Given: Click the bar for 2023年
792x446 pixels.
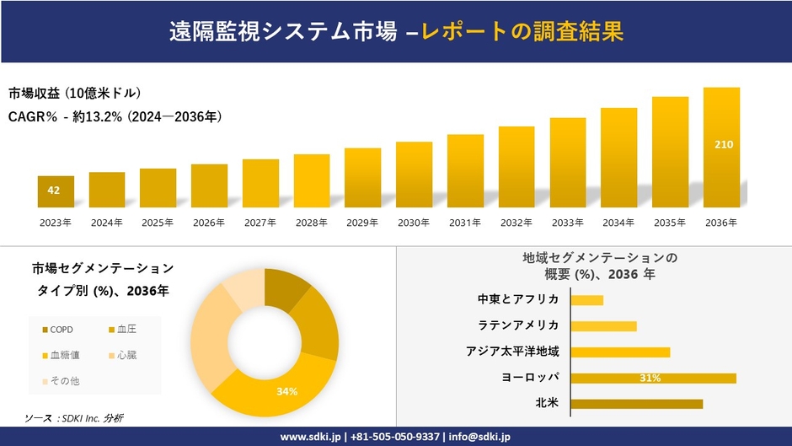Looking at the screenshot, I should [56, 191].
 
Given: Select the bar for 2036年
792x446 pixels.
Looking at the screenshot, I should [721, 148].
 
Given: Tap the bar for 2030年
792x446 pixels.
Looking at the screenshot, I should [414, 175].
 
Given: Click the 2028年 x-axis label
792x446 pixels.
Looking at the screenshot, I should [312, 223].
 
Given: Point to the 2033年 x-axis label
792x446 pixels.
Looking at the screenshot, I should [568, 223].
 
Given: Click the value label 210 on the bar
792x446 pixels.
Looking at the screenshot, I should [723, 145].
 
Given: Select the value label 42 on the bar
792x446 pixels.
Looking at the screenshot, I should [54, 191].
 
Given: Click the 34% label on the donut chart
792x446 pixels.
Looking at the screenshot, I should [288, 392].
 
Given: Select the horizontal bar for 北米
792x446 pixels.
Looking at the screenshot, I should [636, 404].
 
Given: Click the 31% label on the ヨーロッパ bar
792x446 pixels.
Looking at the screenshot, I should [650, 378].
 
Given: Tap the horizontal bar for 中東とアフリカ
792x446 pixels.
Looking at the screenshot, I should [586, 300].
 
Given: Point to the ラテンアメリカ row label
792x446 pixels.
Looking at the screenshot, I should [518, 325].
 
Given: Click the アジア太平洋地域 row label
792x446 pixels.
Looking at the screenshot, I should [512, 352].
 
